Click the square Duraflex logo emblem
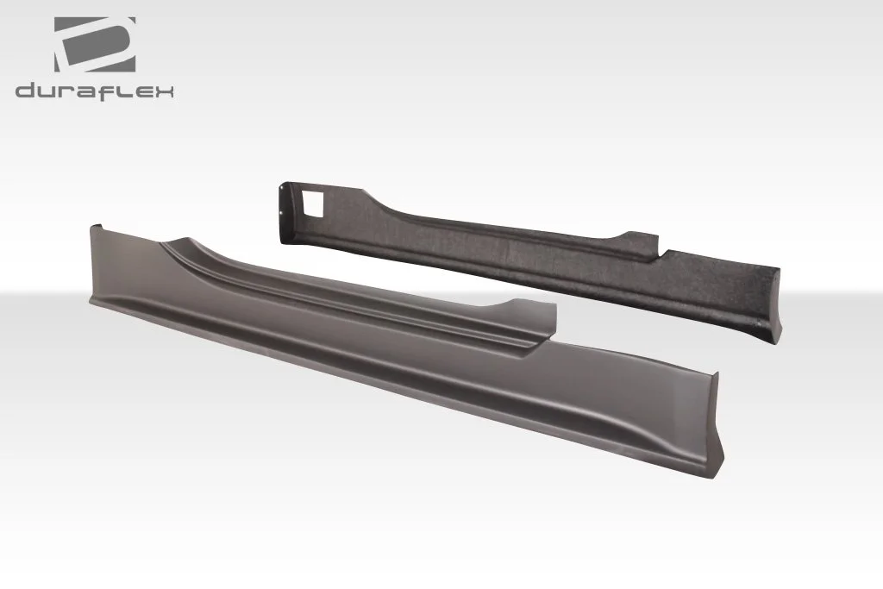[95, 45]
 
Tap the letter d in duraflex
[25, 91]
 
